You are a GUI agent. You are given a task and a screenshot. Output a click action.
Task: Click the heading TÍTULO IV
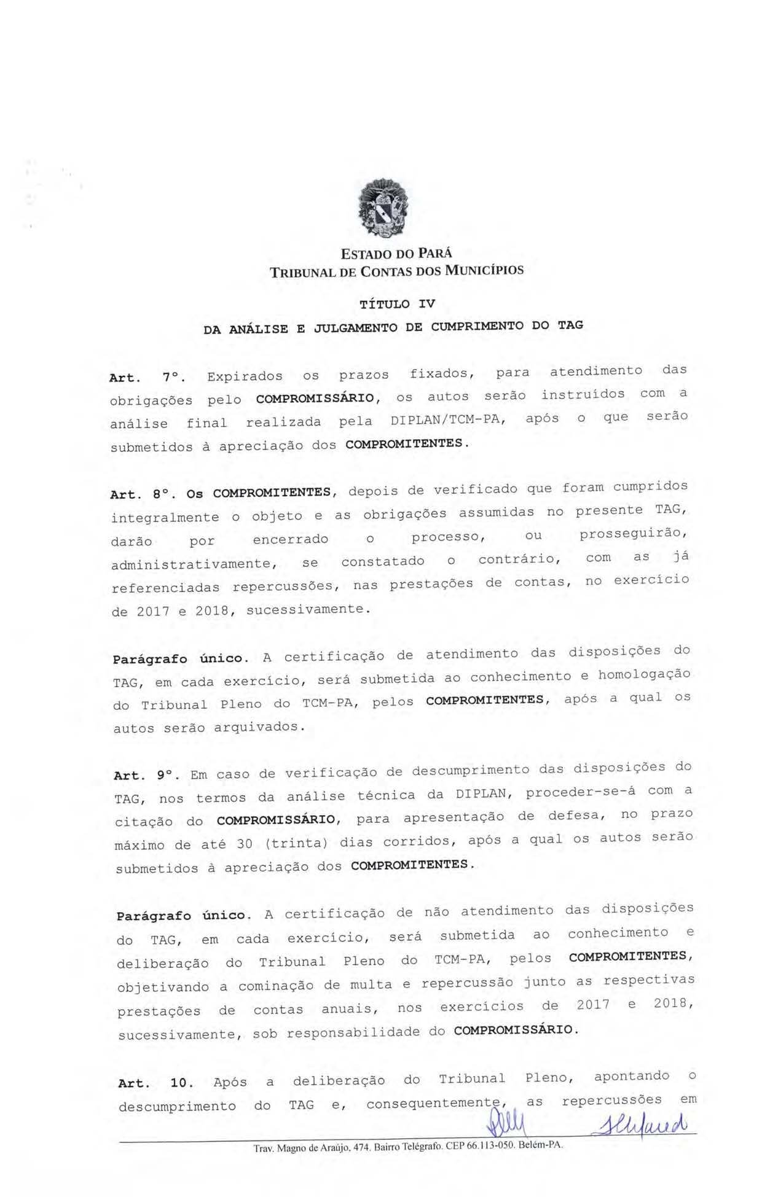(x=396, y=304)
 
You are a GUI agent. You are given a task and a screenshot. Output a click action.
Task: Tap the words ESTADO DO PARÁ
(x=396, y=253)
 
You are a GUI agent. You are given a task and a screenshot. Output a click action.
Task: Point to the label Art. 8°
(x=143, y=494)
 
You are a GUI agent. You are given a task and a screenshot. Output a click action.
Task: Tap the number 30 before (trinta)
(x=245, y=844)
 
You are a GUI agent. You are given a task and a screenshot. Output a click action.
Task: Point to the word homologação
(x=644, y=674)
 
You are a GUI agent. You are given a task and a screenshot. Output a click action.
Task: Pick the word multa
(x=371, y=985)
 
